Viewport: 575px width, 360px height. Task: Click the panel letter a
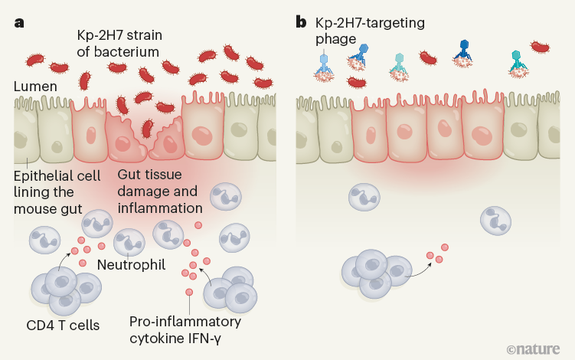click(x=18, y=22)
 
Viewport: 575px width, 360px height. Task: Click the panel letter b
click(x=302, y=21)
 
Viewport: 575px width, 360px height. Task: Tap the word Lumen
click(x=35, y=87)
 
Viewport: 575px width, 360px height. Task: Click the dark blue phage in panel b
click(x=462, y=51)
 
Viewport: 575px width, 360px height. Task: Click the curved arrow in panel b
click(x=417, y=267)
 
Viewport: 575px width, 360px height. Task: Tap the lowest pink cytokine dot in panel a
click(x=189, y=293)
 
